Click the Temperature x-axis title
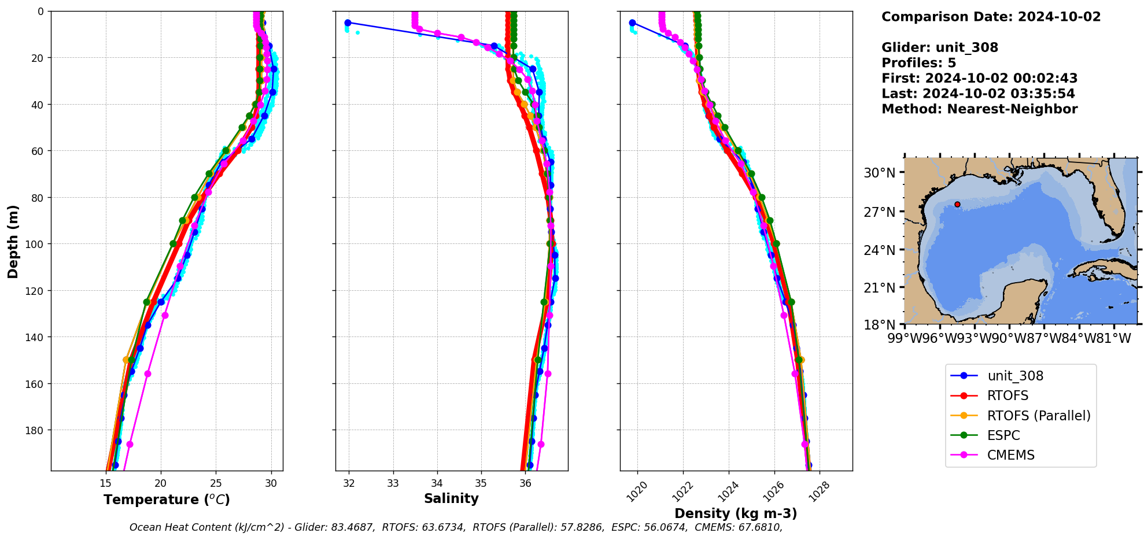coord(167,500)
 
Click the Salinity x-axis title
coord(451,498)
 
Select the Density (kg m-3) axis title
coord(736,513)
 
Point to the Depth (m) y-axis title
coord(13,241)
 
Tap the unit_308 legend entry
coord(1015,376)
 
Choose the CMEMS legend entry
coord(1010,455)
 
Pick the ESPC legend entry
coord(1003,435)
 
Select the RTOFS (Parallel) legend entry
coord(1039,416)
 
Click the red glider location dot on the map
coord(957,204)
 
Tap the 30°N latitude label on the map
coord(879,173)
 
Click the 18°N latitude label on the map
coord(879,325)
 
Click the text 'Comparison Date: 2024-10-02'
coord(991,17)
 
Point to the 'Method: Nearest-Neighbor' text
coord(979,109)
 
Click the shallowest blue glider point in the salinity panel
coord(348,23)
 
